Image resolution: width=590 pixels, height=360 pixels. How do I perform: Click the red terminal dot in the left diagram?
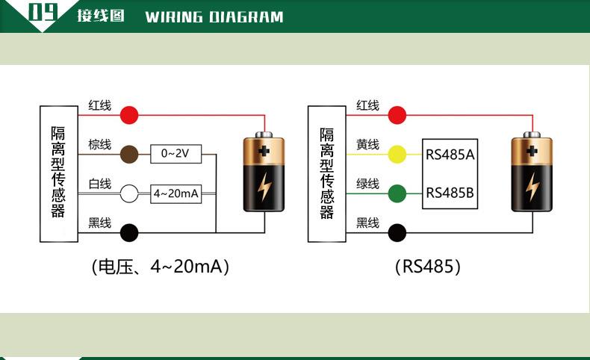129,115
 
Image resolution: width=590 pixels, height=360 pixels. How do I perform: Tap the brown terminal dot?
129,154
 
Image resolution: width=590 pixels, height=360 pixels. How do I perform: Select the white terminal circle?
129,193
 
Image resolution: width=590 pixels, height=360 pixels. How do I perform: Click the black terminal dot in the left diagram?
129,232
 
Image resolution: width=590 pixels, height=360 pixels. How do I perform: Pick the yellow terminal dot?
397,155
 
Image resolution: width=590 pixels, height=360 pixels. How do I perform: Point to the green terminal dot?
397,193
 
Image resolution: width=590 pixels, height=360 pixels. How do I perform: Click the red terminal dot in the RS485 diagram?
397,115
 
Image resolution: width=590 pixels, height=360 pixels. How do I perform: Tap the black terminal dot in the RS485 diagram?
397,232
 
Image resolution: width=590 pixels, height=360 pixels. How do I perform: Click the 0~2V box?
176,154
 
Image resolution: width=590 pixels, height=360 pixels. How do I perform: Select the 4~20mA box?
176,193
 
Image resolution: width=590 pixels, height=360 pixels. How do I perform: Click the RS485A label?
450,155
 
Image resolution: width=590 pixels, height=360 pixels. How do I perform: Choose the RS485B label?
450,193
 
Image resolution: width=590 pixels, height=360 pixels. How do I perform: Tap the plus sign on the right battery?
532,151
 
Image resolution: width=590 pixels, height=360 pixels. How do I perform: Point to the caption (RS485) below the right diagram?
428,267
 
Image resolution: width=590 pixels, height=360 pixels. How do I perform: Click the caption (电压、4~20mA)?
160,267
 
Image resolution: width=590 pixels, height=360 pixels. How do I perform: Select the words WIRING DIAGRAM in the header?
214,16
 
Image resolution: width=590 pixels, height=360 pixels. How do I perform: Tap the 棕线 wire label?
99,144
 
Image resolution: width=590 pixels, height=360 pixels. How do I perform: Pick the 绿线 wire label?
367,184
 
